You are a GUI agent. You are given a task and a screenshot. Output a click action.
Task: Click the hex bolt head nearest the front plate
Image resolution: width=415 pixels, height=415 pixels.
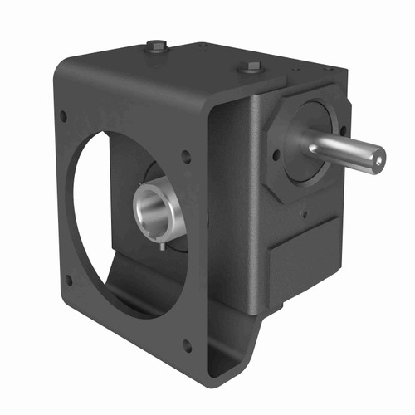click(157, 46)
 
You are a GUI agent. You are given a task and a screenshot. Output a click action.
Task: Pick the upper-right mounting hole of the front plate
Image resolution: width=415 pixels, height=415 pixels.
click(187, 155)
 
